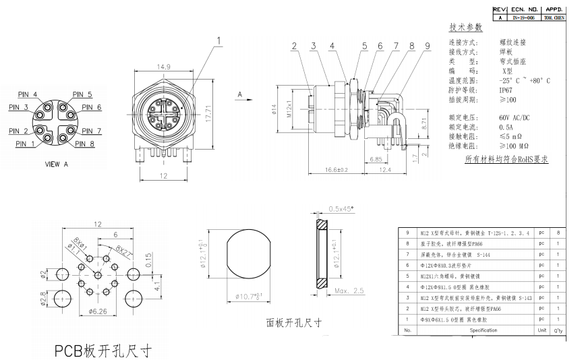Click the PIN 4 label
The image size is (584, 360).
click(x=27, y=95)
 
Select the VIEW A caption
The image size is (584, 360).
click(x=56, y=164)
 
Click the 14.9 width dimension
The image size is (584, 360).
click(x=165, y=67)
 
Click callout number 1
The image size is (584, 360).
click(x=219, y=40)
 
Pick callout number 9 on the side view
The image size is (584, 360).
click(x=428, y=46)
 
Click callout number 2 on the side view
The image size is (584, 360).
click(x=295, y=46)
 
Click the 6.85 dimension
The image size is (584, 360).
click(x=376, y=159)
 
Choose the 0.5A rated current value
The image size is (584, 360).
click(x=507, y=126)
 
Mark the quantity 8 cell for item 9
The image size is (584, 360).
click(x=558, y=232)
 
